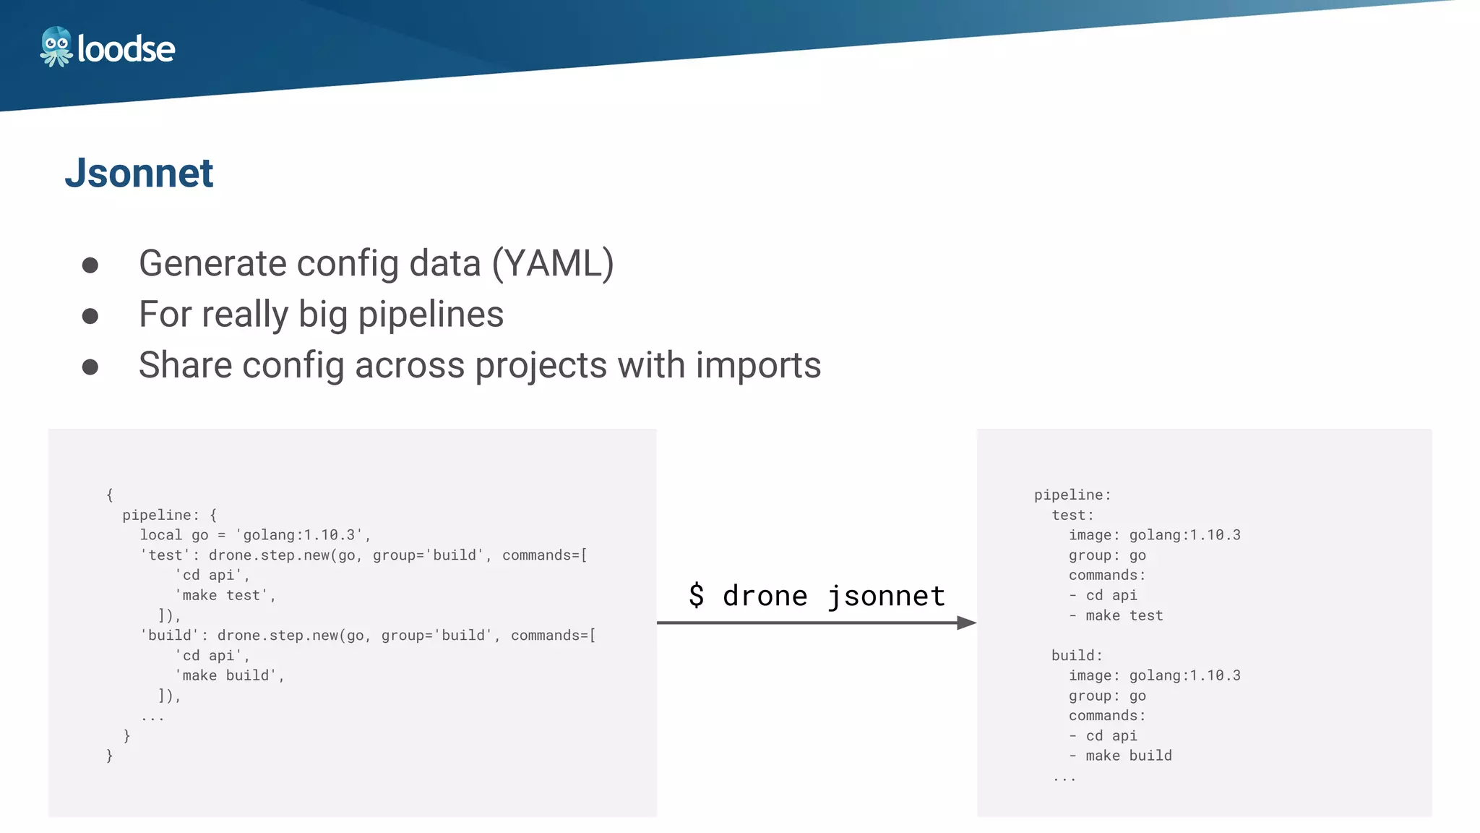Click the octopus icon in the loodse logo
pos(56,47)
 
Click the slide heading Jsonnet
pos(139,174)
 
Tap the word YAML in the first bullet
pos(553,263)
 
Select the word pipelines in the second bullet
pos(431,315)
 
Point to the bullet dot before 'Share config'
pos(90,367)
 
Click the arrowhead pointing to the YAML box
pos(966,623)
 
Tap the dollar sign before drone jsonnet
pos(696,595)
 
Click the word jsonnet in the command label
pos(886,596)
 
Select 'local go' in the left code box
pos(174,535)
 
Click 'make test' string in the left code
pos(225,595)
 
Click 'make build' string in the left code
pos(229,675)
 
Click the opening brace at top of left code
pos(110,495)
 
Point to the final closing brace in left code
pos(110,756)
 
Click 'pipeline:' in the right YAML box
pos(1072,495)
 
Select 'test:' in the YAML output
pos(1072,515)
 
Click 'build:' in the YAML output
pos(1077,655)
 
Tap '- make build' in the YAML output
pos(1121,756)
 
